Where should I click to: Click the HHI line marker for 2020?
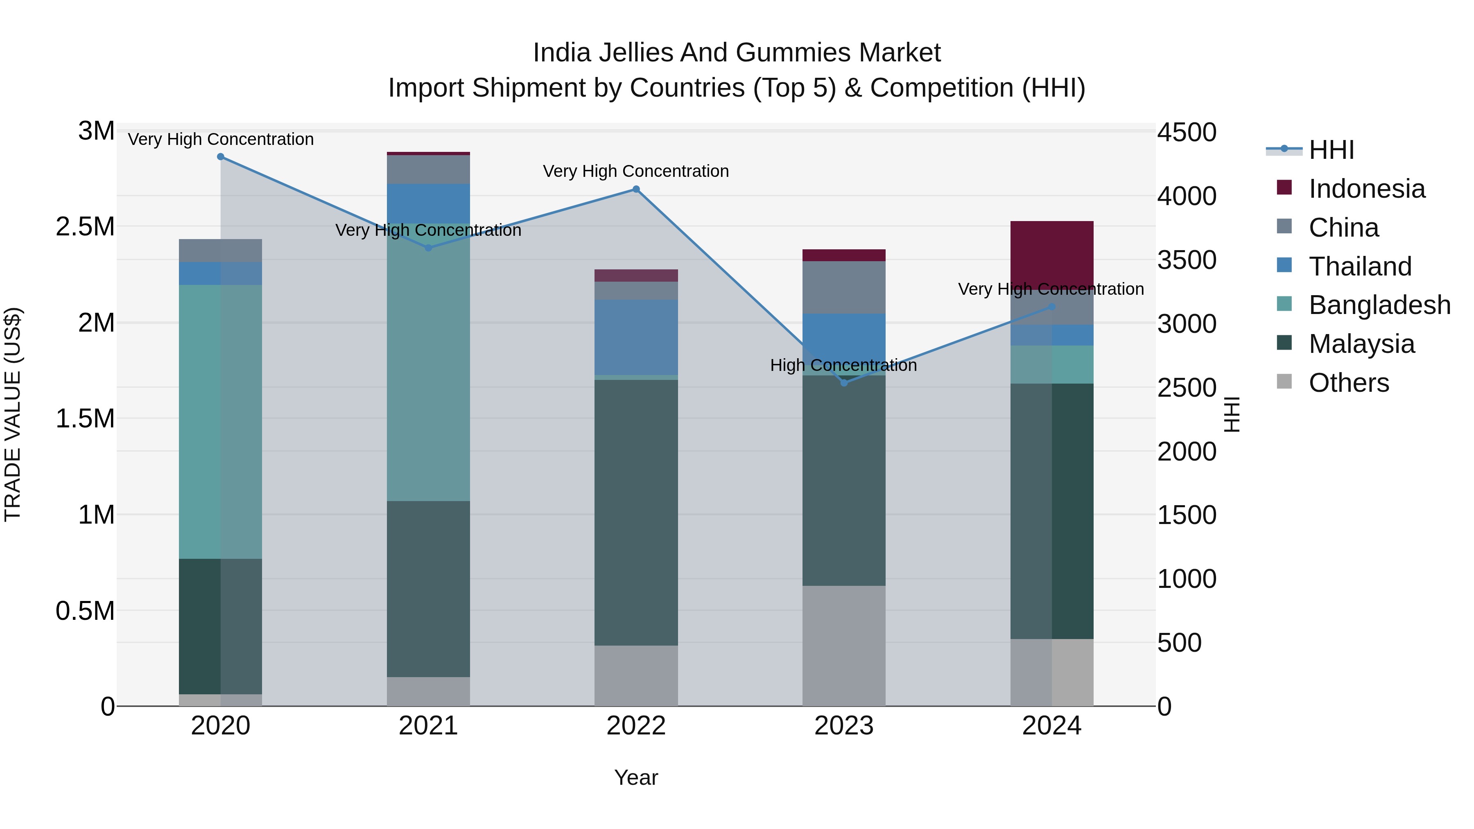click(x=221, y=157)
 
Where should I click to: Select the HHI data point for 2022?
click(x=636, y=190)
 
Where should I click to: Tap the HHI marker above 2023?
click(x=844, y=382)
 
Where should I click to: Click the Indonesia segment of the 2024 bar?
click(x=1052, y=252)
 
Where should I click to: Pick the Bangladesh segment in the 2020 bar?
click(x=221, y=422)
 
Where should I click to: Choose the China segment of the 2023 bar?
click(x=844, y=287)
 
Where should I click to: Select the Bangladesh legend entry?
click(x=1379, y=305)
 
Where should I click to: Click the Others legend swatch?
click(x=1284, y=382)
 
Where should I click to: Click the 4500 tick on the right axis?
click(x=1187, y=133)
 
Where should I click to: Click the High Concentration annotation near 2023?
click(x=843, y=365)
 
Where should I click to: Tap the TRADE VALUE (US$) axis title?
click(x=13, y=414)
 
